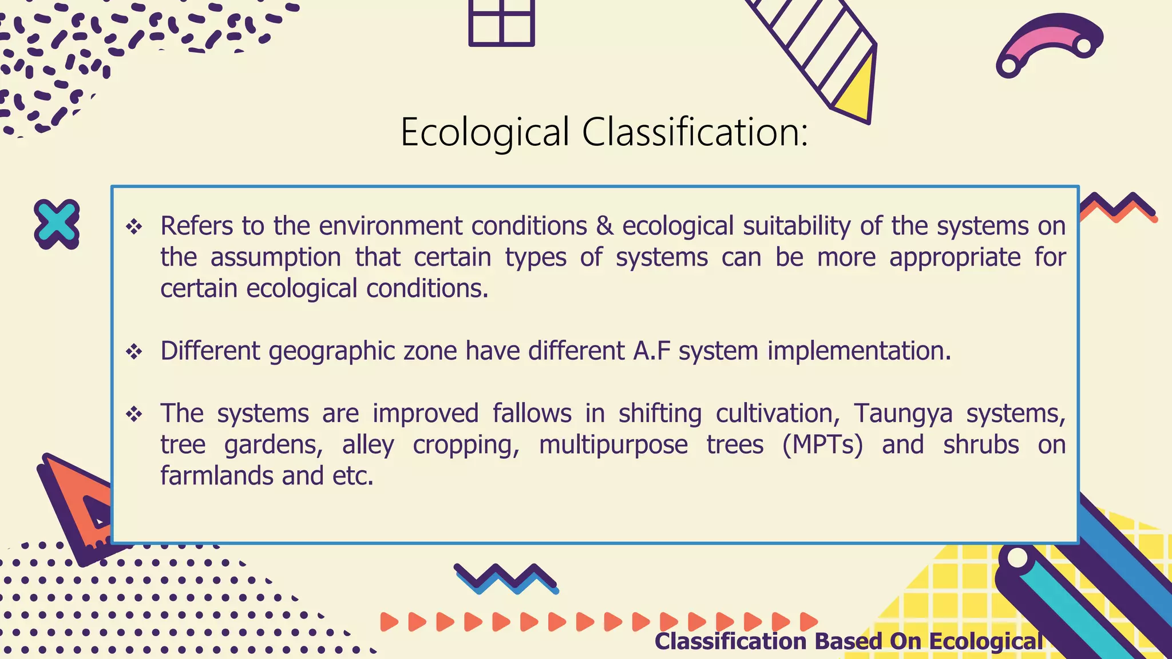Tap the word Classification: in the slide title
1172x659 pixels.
695,133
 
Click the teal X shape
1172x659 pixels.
56,224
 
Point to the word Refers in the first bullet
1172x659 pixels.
196,226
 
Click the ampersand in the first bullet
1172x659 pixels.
604,226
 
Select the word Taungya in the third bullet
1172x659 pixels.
903,414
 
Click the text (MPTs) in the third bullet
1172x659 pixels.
822,445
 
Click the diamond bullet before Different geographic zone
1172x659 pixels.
134,351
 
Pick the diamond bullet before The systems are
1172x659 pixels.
134,414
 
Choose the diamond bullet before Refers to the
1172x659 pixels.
134,227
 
